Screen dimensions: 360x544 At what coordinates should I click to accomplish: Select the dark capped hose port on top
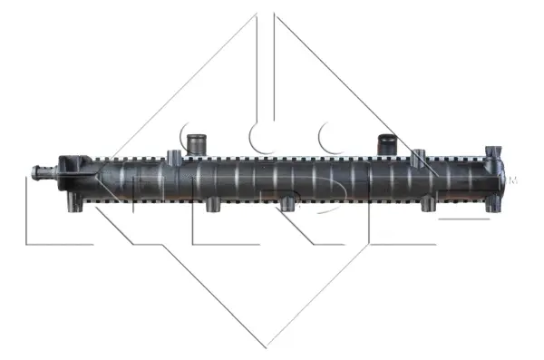[387, 143]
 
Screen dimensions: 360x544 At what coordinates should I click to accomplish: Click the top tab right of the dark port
[418, 157]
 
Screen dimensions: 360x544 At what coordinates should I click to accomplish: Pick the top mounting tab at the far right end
[494, 151]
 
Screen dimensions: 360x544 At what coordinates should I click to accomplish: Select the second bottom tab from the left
[213, 205]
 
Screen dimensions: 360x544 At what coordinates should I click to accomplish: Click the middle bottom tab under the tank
[288, 205]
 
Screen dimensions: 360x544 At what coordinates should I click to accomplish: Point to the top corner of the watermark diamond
[267, 13]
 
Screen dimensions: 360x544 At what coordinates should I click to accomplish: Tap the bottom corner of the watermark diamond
[267, 345]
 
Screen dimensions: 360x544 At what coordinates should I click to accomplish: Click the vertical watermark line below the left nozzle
[27, 218]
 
